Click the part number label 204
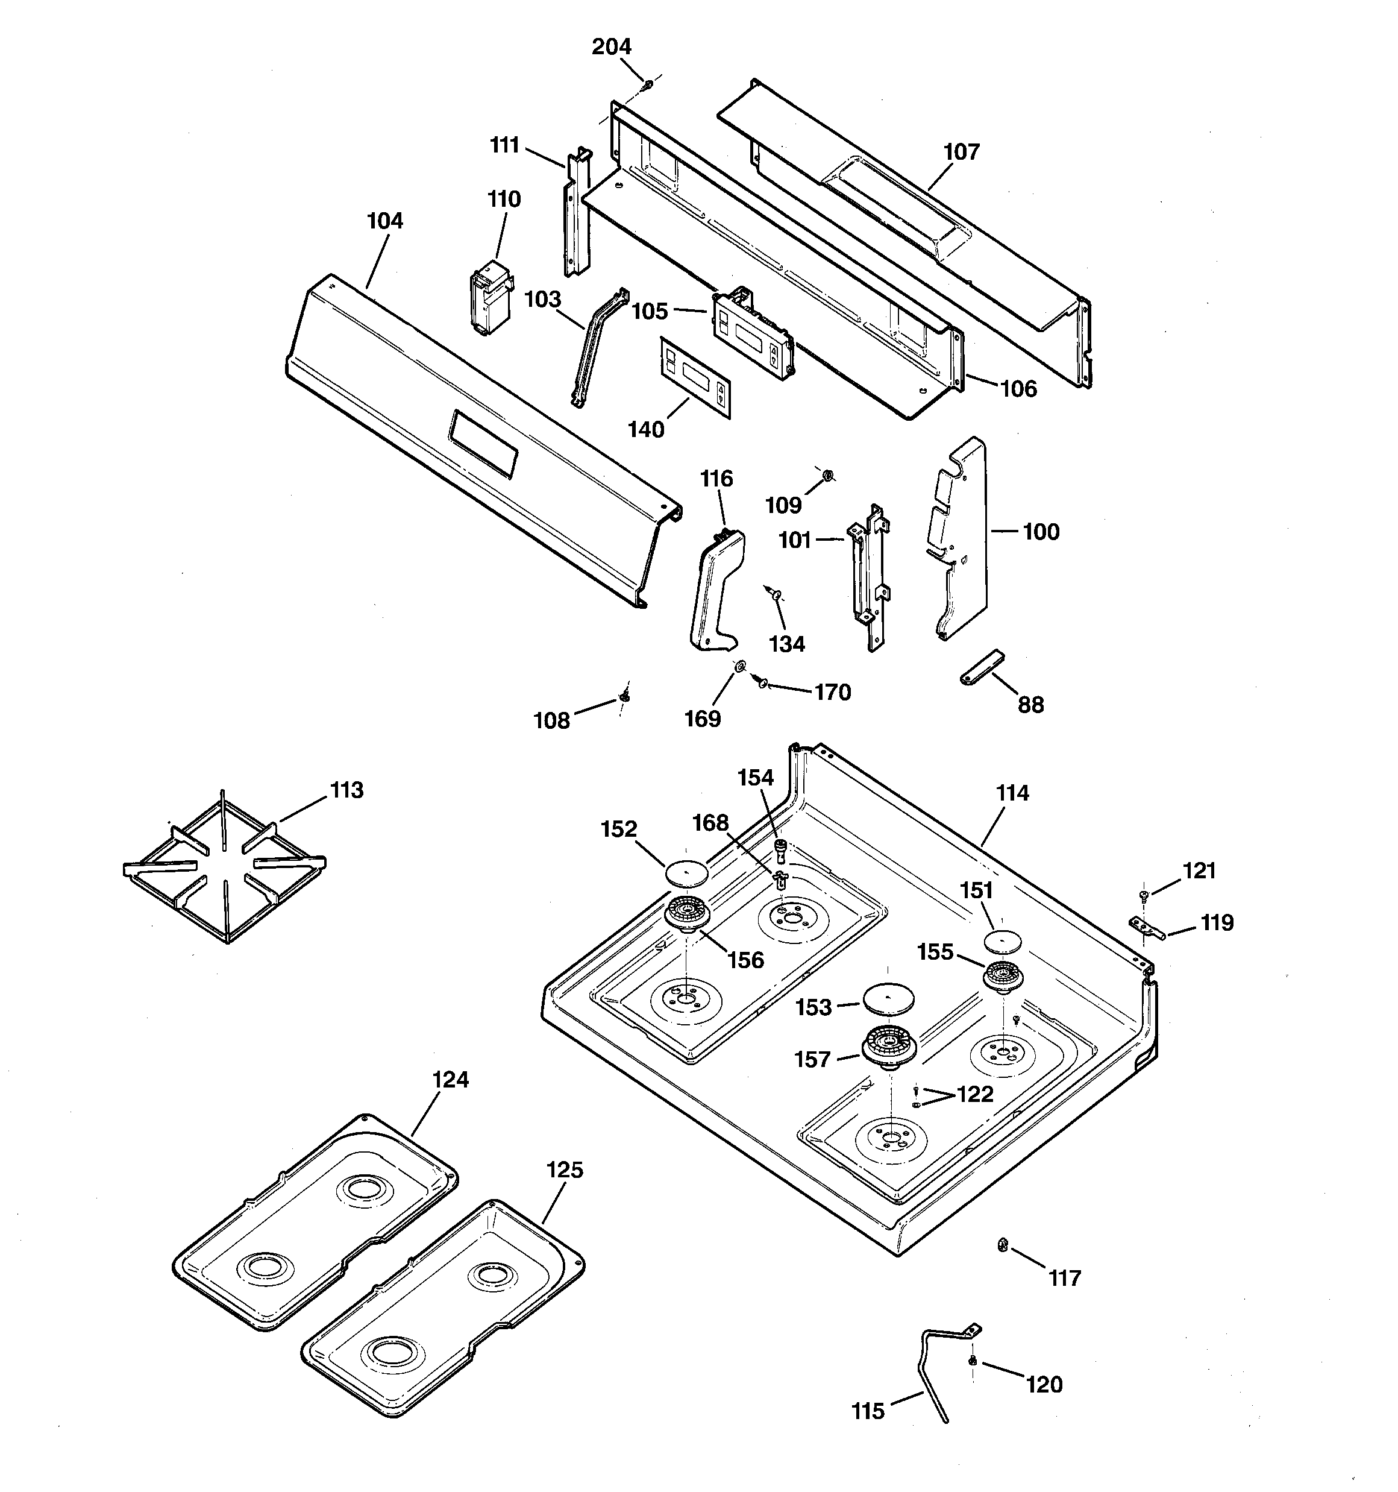[612, 46]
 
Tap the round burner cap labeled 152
[686, 873]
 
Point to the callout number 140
[646, 430]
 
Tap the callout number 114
[1012, 793]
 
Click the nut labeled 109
[826, 474]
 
